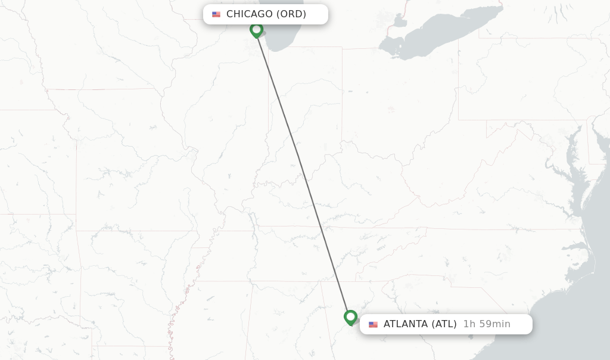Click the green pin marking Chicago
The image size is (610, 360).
(x=256, y=29)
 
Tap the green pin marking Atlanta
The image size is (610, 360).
(x=350, y=316)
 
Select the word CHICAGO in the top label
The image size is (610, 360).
(x=249, y=14)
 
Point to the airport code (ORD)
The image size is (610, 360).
(x=291, y=14)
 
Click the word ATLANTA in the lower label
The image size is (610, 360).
(x=406, y=324)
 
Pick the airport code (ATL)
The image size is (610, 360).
(x=444, y=324)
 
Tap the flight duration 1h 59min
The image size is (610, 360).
(x=487, y=324)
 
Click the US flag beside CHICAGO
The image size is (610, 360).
(x=216, y=14)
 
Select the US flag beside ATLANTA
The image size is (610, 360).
(x=373, y=325)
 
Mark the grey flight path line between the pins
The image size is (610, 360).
(x=304, y=173)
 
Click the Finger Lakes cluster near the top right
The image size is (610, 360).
(x=557, y=12)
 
